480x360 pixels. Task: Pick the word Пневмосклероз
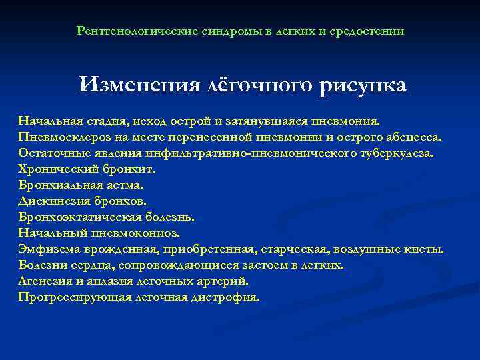(60, 137)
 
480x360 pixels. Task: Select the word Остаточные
(51, 153)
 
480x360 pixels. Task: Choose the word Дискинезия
(51, 201)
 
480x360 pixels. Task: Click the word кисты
(425, 249)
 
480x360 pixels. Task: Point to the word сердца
(83, 265)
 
